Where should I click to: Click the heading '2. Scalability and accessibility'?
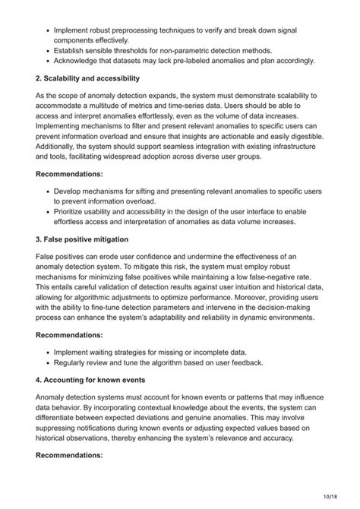88,77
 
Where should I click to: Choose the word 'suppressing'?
61,428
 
